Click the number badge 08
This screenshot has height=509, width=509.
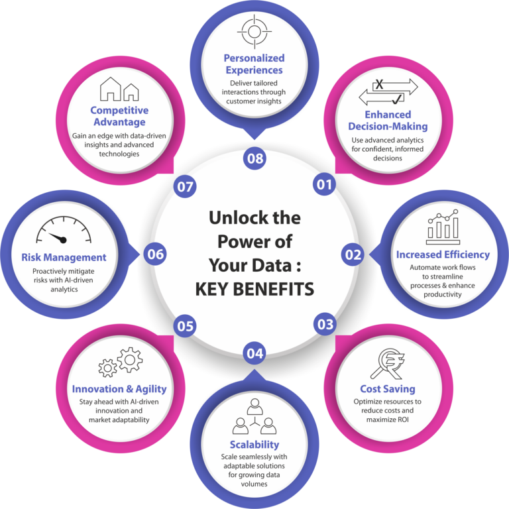tap(254, 158)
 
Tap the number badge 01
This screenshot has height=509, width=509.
tap(324, 184)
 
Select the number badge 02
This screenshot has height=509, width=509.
tap(353, 254)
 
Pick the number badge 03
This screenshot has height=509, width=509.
tap(325, 324)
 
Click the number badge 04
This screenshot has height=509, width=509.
tap(254, 353)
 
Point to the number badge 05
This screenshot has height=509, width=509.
tap(185, 325)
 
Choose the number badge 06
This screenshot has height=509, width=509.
tap(156, 254)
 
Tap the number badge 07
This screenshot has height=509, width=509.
tap(185, 187)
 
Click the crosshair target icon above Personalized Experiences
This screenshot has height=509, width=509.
tap(254, 32)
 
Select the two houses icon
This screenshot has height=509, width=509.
tap(119, 89)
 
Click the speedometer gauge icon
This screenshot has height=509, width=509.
tap(64, 230)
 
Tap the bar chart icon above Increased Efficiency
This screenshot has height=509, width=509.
tap(443, 227)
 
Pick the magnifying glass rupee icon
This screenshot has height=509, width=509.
tap(388, 364)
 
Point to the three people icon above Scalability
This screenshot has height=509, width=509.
tap(254, 416)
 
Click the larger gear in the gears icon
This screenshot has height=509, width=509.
tap(130, 360)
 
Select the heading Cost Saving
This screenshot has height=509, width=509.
tap(388, 388)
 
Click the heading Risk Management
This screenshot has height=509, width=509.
tap(64, 257)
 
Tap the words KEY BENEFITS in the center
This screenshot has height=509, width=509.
tap(254, 289)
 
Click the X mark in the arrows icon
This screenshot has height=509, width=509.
tap(379, 85)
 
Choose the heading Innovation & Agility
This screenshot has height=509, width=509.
tap(119, 389)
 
